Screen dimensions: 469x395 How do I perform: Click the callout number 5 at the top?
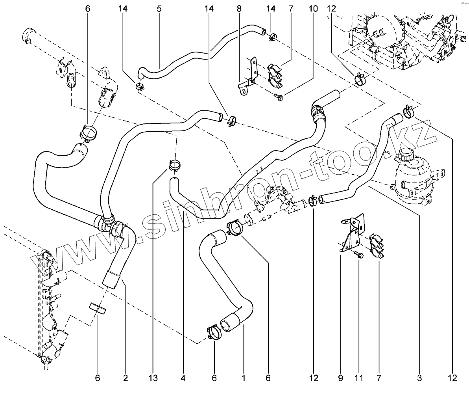[x=159, y=9]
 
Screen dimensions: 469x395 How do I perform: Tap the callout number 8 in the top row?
[x=239, y=9]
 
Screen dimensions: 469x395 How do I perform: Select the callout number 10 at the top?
[x=313, y=9]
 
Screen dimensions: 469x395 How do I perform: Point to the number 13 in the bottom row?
[x=153, y=378]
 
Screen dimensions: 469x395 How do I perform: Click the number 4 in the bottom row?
[x=183, y=378]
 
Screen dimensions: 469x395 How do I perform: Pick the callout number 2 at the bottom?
[x=126, y=378]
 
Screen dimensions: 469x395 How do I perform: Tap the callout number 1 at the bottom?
[x=244, y=378]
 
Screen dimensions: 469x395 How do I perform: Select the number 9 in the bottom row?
[x=340, y=378]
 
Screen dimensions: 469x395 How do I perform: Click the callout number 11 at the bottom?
[x=358, y=378]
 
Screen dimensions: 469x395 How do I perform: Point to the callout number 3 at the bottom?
[x=419, y=378]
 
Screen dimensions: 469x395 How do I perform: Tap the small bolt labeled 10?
[x=279, y=96]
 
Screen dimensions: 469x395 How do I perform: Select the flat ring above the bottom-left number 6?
[x=97, y=309]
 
